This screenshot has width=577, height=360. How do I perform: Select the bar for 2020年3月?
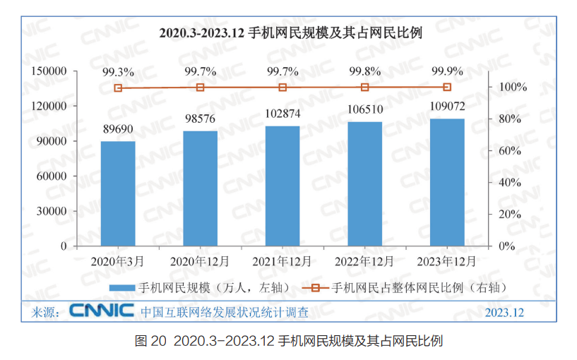(118, 193)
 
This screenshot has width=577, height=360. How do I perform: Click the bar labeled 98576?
(200, 188)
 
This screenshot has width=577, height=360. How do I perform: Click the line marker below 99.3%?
(118, 88)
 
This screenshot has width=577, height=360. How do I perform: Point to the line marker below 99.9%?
(447, 87)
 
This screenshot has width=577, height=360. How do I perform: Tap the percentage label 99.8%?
(364, 71)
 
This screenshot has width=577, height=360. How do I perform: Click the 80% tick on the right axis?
(510, 119)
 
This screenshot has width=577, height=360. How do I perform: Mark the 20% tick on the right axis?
(510, 214)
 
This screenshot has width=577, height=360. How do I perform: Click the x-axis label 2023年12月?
(447, 260)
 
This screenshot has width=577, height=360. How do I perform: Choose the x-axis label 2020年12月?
(200, 260)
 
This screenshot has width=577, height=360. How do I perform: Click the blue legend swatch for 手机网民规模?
(121, 287)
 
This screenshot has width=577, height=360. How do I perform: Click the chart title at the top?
(290, 33)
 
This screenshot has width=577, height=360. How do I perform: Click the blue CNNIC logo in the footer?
(102, 311)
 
